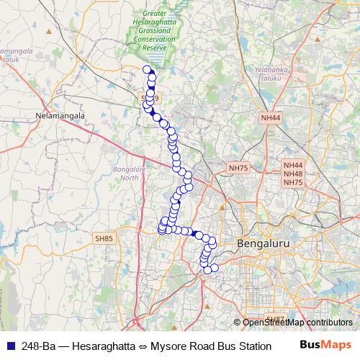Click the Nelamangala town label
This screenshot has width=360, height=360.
click(60, 114)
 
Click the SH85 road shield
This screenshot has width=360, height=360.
click(104, 238)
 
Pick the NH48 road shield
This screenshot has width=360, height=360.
click(293, 174)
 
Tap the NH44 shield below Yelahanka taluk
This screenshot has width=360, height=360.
click(271, 117)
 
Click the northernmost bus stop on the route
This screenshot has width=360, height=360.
click(147, 70)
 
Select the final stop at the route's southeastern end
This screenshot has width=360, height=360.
click(214, 268)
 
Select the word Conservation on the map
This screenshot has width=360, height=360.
click(157, 40)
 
